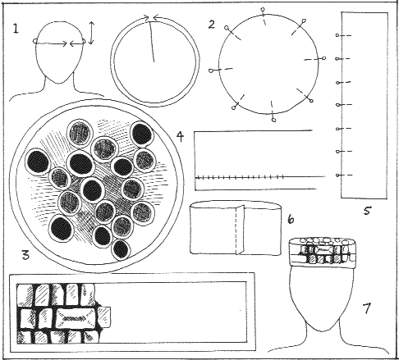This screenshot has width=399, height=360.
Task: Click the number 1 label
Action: click(x=16, y=29)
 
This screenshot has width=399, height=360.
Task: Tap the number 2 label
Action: click(x=212, y=24)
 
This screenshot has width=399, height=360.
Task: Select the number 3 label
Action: click(x=25, y=255)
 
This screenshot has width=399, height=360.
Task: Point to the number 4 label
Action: click(x=180, y=136)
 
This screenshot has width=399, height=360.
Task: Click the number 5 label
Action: click(x=367, y=211)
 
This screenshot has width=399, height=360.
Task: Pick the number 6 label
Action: click(x=291, y=219)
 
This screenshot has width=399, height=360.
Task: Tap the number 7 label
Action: click(x=366, y=308)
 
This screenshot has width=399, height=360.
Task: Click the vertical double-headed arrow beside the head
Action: click(x=92, y=33)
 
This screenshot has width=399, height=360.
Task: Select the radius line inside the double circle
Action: click(x=152, y=42)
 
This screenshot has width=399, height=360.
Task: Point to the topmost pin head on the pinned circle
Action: click(x=263, y=10)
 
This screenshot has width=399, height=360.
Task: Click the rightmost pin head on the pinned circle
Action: click(x=324, y=57)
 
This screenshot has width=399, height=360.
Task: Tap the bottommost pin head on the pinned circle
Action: click(x=274, y=120)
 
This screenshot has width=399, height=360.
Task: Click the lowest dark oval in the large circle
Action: click(x=121, y=249)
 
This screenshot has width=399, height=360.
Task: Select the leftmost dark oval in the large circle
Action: click(x=38, y=162)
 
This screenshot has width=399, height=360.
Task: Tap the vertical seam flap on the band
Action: click(x=240, y=230)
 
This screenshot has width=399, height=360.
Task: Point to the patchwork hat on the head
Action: click(x=323, y=253)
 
